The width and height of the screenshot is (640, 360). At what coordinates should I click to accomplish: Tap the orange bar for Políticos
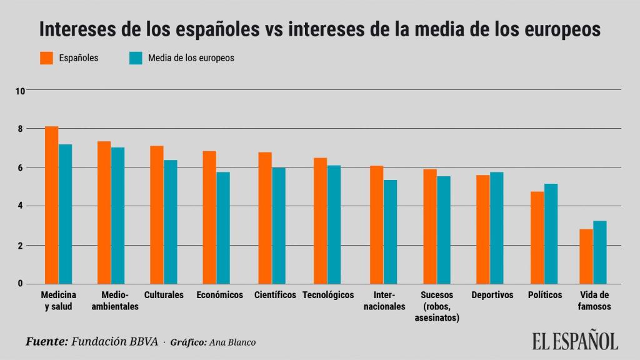click(x=537, y=237)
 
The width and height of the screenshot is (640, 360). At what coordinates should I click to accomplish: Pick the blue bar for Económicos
click(x=223, y=227)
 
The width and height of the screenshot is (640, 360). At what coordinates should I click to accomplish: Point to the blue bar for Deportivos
click(x=496, y=227)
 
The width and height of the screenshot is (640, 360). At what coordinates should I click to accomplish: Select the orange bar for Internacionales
click(x=376, y=224)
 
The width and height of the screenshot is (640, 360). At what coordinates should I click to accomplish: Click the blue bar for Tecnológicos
click(x=334, y=224)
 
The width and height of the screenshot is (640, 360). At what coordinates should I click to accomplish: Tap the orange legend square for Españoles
click(x=47, y=58)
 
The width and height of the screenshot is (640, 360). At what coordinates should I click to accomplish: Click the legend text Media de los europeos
click(x=191, y=58)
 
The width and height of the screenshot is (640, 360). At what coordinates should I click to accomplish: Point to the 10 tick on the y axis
click(x=20, y=91)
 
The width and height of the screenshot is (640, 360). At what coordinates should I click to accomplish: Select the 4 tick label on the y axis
click(x=20, y=206)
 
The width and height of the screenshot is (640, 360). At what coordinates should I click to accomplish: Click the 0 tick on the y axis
click(x=20, y=284)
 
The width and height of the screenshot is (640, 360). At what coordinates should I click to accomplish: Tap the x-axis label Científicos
click(x=275, y=295)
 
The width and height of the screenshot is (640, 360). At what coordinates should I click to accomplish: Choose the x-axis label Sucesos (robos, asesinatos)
click(x=437, y=306)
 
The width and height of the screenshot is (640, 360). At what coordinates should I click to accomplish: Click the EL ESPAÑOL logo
click(x=575, y=340)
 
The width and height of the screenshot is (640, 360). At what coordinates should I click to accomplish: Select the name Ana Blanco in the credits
click(x=232, y=342)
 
